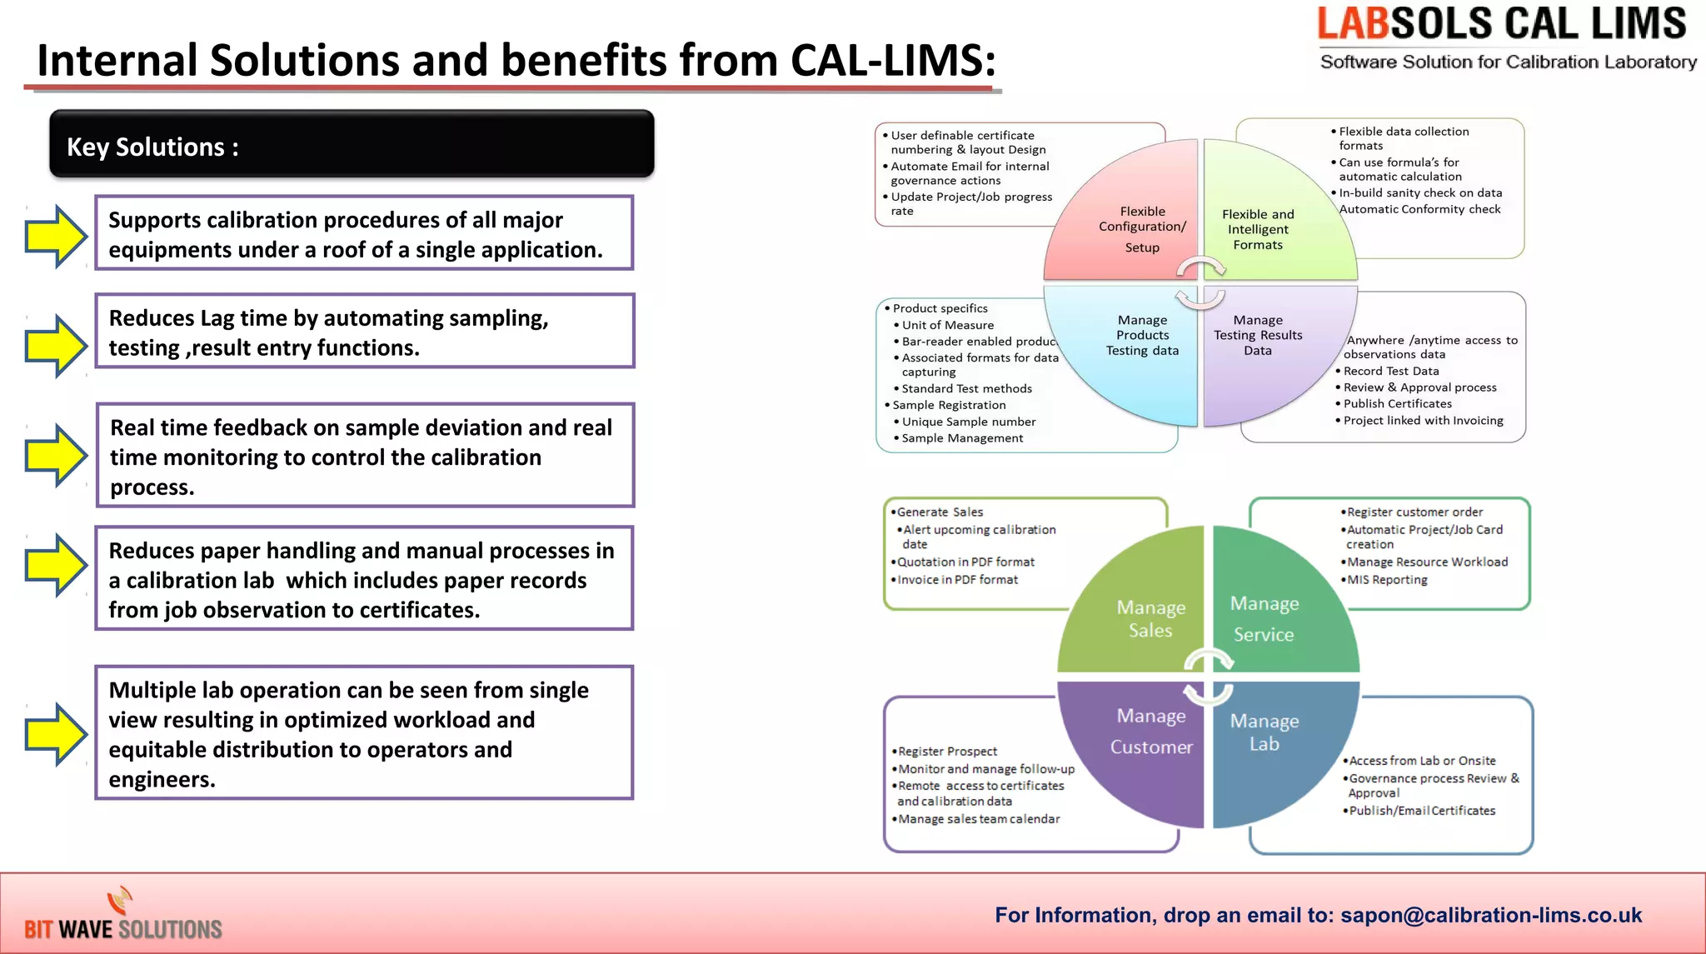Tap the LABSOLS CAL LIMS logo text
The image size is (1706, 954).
(x=1501, y=24)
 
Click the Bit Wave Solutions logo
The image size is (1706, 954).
(x=123, y=917)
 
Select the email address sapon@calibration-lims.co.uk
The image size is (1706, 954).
(x=1491, y=916)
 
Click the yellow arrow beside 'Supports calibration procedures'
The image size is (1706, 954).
(x=56, y=236)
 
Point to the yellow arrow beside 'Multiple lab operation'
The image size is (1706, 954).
(x=56, y=734)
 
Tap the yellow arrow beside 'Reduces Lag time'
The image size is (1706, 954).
(x=56, y=346)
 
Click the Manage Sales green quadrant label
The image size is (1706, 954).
(x=1150, y=619)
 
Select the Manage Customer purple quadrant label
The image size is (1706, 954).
(x=1151, y=732)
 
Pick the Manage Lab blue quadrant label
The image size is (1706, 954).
(x=1264, y=732)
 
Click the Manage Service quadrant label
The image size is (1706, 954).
(x=1264, y=618)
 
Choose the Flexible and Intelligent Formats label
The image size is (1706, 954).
(x=1258, y=229)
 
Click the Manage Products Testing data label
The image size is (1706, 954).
(x=1142, y=335)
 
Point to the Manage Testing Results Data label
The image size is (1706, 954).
(x=1258, y=335)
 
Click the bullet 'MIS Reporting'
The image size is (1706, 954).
(x=1387, y=580)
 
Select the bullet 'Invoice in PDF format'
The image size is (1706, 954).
(x=957, y=580)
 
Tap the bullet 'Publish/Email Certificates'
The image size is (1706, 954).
(x=1422, y=811)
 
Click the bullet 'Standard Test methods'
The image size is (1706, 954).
(x=966, y=389)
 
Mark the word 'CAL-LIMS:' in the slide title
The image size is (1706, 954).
(x=892, y=61)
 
